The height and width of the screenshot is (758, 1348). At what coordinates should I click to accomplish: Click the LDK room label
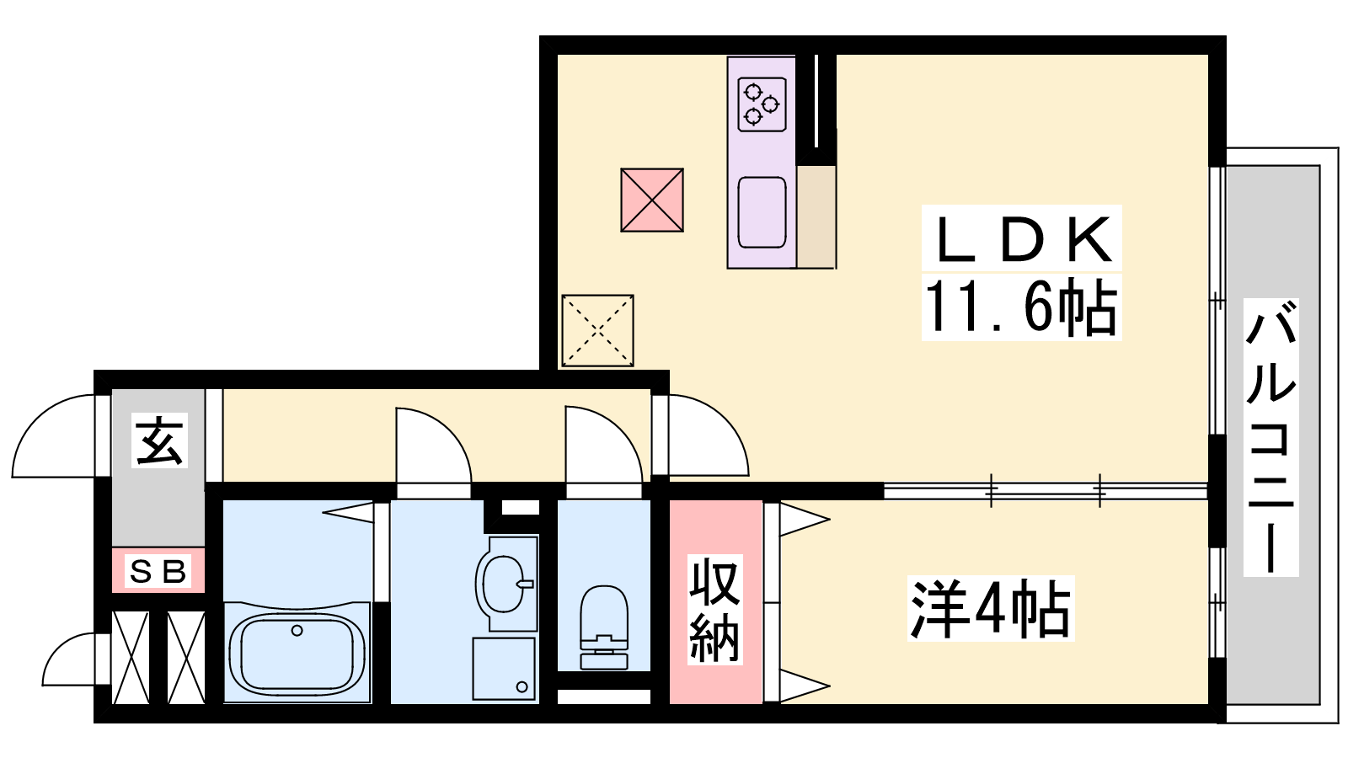[1021, 239]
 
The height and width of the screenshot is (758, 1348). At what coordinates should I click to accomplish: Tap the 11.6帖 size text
[1021, 307]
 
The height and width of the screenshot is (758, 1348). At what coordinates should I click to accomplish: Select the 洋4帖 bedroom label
[991, 608]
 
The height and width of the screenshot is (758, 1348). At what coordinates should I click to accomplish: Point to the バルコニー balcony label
[1270, 437]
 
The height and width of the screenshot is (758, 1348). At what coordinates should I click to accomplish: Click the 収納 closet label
[715, 609]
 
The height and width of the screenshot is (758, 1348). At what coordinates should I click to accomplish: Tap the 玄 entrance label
[159, 440]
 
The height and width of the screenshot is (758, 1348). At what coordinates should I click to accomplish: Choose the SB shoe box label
[158, 571]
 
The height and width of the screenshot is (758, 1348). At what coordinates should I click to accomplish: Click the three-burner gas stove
[762, 104]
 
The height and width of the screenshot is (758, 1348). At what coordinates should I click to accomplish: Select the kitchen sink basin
[762, 212]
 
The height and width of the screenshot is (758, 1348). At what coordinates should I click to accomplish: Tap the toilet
[603, 627]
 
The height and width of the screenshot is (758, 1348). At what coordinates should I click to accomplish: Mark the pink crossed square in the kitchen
[652, 200]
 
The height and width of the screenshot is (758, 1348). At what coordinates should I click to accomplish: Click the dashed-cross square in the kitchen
[597, 330]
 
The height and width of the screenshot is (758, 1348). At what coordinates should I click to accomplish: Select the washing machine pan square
[504, 669]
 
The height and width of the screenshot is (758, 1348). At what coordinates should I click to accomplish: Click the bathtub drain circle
[297, 631]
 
